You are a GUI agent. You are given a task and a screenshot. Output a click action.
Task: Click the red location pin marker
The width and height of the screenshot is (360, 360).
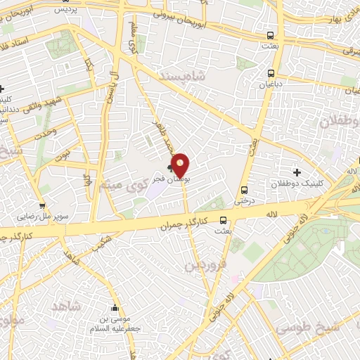181,165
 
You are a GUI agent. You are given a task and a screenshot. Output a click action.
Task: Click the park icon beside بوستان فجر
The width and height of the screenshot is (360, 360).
169,167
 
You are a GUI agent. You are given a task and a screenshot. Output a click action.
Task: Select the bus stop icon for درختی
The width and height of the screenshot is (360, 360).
244,190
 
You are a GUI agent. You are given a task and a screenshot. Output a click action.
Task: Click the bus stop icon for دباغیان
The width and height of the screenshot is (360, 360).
271,72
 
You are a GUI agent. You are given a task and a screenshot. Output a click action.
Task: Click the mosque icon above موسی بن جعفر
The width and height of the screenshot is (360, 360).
115,307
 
